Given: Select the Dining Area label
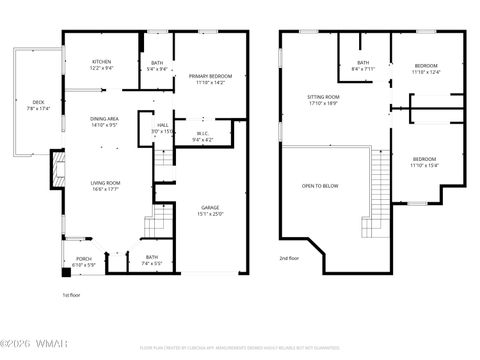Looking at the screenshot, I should tap(105, 122).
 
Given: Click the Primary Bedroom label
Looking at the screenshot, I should tap(212, 79).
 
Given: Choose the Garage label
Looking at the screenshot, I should tap(210, 210).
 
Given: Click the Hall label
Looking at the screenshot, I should tap(162, 128).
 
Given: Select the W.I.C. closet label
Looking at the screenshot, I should tap(202, 136).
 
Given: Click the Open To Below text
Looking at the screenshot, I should tap(320, 186).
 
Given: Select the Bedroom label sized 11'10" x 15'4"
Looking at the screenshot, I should tap(425, 162).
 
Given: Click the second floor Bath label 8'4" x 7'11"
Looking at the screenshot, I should tap(362, 66).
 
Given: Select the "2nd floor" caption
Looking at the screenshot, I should tap(289, 259).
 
